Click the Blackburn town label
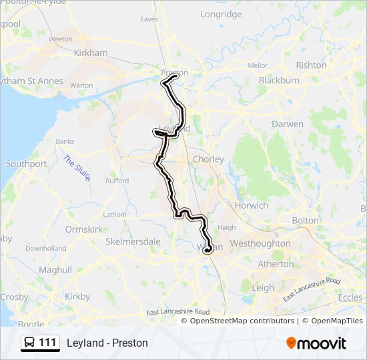tap(279, 80)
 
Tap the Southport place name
tap(26, 163)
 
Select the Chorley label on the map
tap(208, 159)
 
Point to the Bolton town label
tap(305, 220)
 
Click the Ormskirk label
tap(83, 229)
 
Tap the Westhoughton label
tap(260, 243)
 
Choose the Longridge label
tap(221, 14)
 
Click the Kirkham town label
tap(91, 53)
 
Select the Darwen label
tap(288, 124)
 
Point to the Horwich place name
tap(251, 205)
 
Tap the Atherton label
tap(276, 264)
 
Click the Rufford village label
tap(117, 181)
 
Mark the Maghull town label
tap(55, 270)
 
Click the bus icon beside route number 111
tap(30, 343)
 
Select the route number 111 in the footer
tap(47, 343)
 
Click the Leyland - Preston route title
tap(107, 343)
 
